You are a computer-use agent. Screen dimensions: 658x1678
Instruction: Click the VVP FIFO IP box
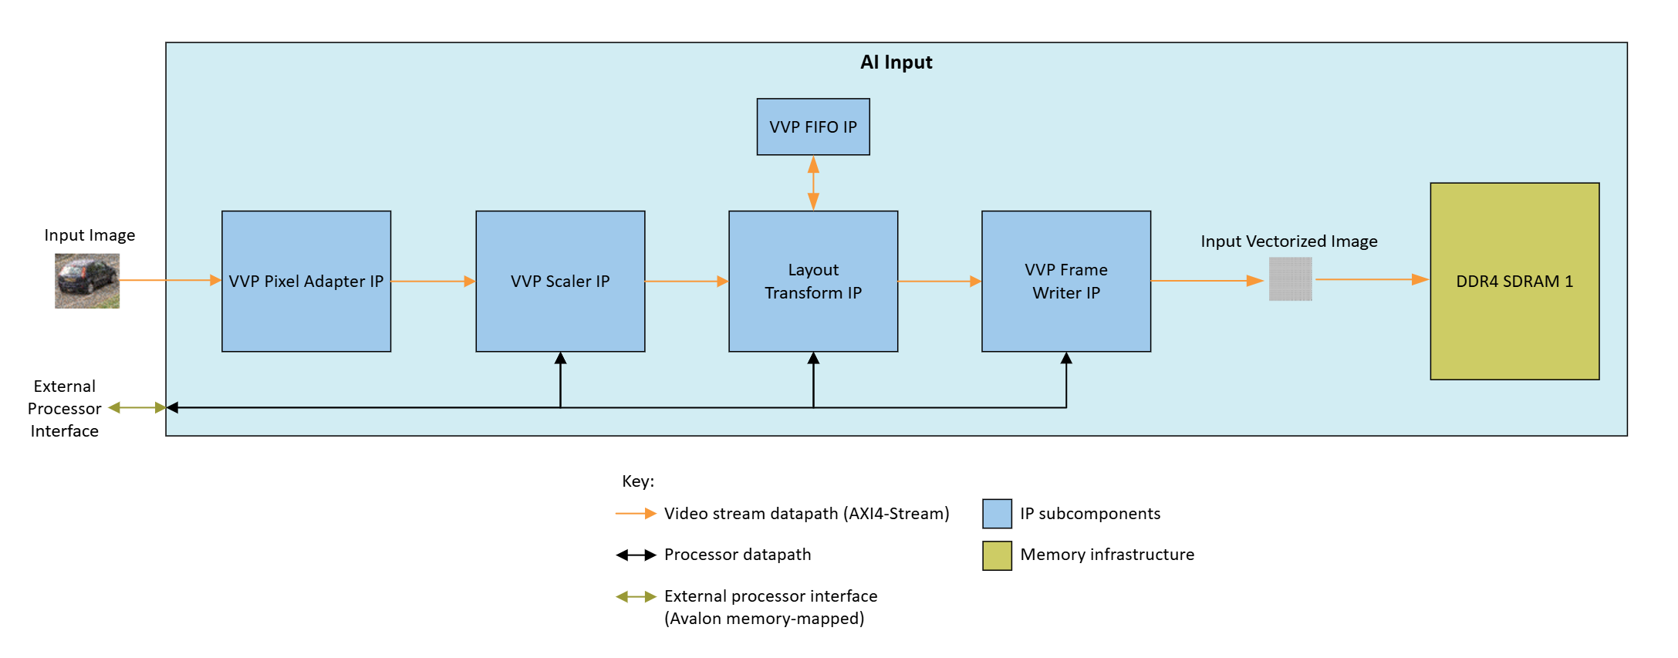click(x=812, y=127)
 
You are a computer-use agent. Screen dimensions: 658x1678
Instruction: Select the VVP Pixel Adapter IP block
click(x=306, y=281)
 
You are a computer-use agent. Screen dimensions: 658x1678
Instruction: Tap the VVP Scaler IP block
click(x=559, y=281)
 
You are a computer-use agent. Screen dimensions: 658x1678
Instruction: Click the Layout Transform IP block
click(x=812, y=281)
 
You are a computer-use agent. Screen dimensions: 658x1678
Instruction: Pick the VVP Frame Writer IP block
click(x=1065, y=281)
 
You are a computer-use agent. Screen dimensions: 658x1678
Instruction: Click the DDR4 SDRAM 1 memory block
click(x=1514, y=281)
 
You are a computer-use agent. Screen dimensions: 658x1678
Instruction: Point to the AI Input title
click(x=896, y=62)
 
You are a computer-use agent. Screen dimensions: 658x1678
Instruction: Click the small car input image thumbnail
click(x=87, y=281)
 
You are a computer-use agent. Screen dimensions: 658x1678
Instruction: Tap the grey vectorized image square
click(x=1290, y=279)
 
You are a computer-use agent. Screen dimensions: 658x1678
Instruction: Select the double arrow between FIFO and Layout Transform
click(x=813, y=183)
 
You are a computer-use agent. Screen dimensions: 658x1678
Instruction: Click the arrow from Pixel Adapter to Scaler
click(x=433, y=282)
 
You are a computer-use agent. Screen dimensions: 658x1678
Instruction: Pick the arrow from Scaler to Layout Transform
click(x=687, y=282)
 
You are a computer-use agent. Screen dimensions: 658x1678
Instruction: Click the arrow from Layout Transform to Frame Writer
click(x=939, y=282)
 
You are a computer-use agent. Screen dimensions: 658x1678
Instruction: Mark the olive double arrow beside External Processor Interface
click(x=137, y=407)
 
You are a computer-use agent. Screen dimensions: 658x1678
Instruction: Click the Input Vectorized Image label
click(x=1288, y=241)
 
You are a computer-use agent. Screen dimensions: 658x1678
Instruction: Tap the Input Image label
click(x=89, y=235)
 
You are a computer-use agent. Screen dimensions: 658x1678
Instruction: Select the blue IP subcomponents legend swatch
click(x=997, y=514)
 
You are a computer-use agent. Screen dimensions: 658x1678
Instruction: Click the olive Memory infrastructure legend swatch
click(x=997, y=555)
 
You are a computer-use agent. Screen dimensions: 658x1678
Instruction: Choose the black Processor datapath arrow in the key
click(x=636, y=555)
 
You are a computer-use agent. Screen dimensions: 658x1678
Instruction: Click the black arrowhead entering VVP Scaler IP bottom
click(x=560, y=359)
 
